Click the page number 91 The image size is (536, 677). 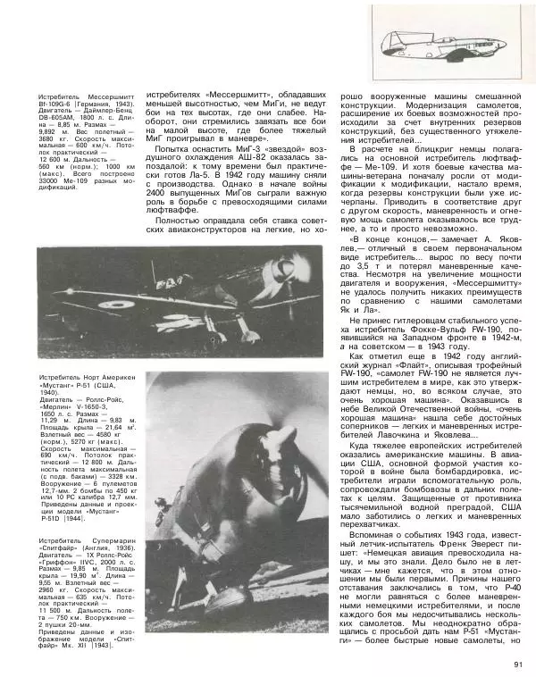pyautogui.click(x=517, y=662)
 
